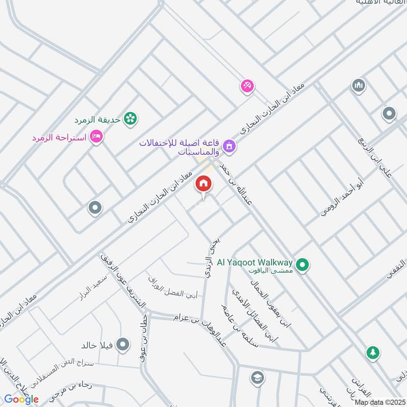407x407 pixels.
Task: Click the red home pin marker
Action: (203, 184)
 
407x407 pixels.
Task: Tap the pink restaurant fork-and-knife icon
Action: (247, 85)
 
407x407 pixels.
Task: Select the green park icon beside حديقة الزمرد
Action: (131, 119)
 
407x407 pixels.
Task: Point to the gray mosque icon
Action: (359, 85)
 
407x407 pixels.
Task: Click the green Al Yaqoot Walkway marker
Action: (303, 265)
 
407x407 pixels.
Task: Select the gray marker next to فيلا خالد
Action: (122, 345)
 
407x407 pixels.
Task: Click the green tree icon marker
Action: (373, 352)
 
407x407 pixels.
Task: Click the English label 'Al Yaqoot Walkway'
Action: (255, 263)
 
